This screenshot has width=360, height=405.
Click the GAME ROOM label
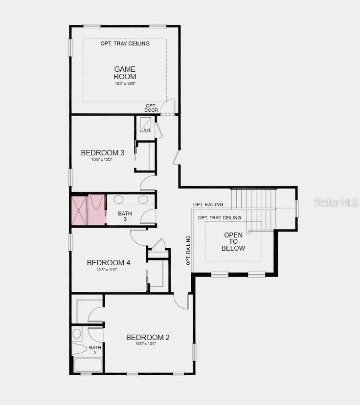pos(125,73)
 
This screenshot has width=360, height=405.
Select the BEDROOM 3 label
pos(103,153)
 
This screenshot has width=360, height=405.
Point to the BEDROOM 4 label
pos(109,263)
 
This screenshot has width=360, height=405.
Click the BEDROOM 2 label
pos(148,338)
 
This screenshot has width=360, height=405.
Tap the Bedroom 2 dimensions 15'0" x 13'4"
pos(148,344)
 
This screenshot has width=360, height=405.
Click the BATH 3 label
pos(125,216)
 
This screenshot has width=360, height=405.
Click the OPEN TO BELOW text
pos(234,241)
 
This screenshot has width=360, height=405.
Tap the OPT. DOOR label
pos(152,108)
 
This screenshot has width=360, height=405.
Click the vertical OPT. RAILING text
pos(188,250)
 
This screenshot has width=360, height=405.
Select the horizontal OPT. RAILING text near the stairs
pos(208,204)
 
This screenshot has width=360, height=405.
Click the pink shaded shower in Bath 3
pos(89,210)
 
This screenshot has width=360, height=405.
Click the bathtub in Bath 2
pos(88,365)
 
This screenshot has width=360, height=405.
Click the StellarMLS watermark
pos(336,202)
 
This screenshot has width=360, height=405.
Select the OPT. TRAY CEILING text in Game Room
pos(125,43)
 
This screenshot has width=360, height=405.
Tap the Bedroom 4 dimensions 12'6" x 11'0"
pos(109,270)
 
